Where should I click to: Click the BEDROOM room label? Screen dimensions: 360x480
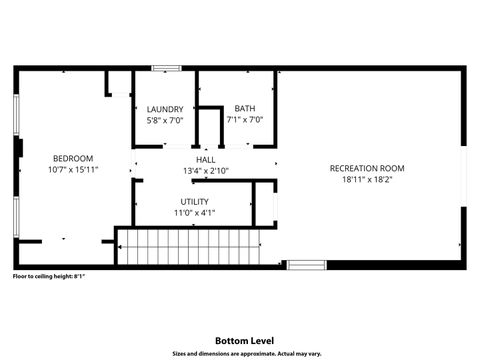[73, 158]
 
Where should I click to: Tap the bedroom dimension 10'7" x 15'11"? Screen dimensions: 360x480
[73, 170]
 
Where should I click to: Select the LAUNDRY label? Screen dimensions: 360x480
[164, 109]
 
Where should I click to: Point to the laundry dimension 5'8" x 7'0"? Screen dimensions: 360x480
[164, 121]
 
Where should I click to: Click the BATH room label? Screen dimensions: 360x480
[244, 109]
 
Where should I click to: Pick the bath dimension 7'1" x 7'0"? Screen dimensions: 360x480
[244, 121]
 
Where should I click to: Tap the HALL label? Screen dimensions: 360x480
[206, 159]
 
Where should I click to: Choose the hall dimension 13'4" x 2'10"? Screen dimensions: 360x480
[206, 171]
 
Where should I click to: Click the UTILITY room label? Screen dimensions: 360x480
[194, 201]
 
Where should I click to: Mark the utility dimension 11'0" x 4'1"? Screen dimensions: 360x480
[194, 213]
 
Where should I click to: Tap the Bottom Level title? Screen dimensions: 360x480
[240, 339]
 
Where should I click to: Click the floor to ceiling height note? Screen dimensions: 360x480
[48, 277]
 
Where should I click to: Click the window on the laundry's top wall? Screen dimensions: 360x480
[166, 68]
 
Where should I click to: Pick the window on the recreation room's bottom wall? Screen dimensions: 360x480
[307, 265]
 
